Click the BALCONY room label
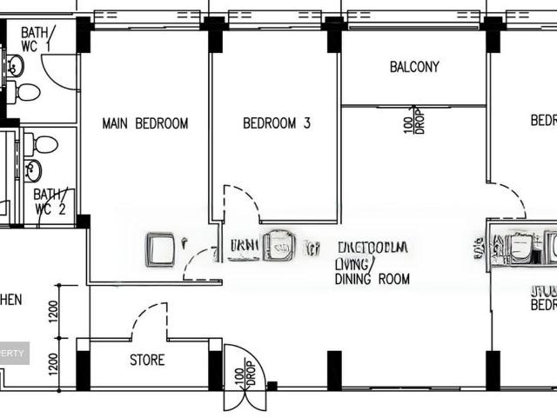tap(414, 67)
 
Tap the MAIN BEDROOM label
tap(144, 123)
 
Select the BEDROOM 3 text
tap(276, 123)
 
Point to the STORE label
tap(146, 360)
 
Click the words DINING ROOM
tap(372, 280)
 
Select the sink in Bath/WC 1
tap(15, 64)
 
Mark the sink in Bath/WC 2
tap(33, 170)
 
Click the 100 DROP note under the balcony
tap(412, 121)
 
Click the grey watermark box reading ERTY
tap(15, 353)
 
